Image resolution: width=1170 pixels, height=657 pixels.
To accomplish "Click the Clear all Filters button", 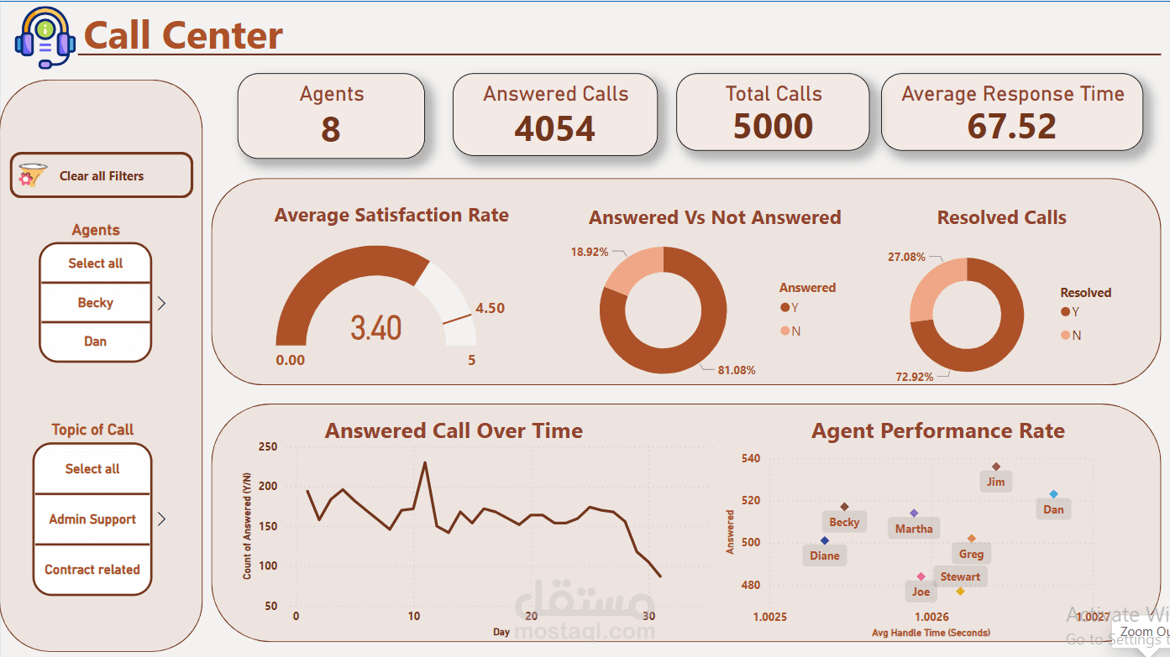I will tap(101, 176).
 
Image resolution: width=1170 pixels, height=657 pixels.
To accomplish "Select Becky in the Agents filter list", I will tap(95, 303).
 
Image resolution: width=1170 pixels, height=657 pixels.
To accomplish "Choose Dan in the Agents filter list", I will tap(95, 342).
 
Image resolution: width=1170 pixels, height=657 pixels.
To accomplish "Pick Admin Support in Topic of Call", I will tap(92, 519).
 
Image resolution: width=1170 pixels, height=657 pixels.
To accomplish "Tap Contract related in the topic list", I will tap(92, 570).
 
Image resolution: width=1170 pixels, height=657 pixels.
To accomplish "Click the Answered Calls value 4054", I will tap(554, 128).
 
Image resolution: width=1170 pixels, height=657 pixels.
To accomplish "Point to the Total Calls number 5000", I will tap(773, 127).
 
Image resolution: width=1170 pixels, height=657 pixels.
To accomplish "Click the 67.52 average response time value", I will tap(1011, 127).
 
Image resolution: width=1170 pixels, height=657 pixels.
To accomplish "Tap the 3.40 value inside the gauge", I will tap(375, 328).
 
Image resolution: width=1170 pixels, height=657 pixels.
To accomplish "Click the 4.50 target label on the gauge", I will tap(490, 308).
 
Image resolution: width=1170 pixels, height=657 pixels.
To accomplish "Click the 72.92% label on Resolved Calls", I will tap(915, 377).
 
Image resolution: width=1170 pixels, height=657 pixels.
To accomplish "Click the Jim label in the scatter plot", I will tap(995, 482).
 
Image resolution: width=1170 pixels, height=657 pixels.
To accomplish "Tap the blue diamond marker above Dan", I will tap(1053, 494).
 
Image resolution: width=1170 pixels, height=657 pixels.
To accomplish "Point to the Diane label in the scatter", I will tap(825, 555).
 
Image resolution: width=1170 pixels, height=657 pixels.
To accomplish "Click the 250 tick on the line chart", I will tap(267, 447).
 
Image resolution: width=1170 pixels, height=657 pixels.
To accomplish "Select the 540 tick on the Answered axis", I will tap(751, 459).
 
